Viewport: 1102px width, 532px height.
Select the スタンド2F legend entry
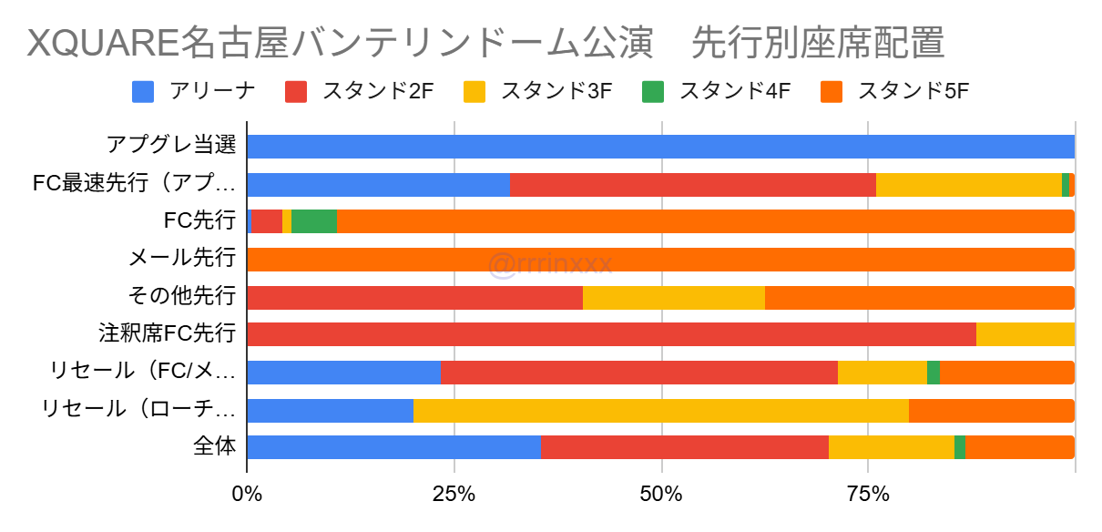tap(359, 91)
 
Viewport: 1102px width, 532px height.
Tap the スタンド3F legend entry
tap(538, 91)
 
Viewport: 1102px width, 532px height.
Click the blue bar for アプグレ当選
tap(660, 147)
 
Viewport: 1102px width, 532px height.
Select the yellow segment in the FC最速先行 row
tap(968, 184)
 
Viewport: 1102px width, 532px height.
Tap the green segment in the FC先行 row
tap(313, 221)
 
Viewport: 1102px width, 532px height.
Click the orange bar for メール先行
tap(660, 259)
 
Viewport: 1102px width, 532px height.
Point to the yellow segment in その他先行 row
tap(673, 297)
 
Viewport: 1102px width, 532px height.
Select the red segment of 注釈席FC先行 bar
tap(611, 334)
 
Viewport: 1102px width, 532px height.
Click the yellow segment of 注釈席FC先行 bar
tap(1025, 334)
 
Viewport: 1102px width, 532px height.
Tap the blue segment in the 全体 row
tap(393, 447)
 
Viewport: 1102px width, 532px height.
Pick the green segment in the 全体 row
tap(960, 447)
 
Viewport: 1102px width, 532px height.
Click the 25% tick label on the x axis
tap(454, 496)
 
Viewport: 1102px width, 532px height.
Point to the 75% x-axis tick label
tap(868, 496)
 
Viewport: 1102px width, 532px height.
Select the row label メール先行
tap(183, 259)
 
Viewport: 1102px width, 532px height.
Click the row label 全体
tap(215, 447)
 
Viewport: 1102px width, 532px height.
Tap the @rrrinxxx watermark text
tap(550, 264)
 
